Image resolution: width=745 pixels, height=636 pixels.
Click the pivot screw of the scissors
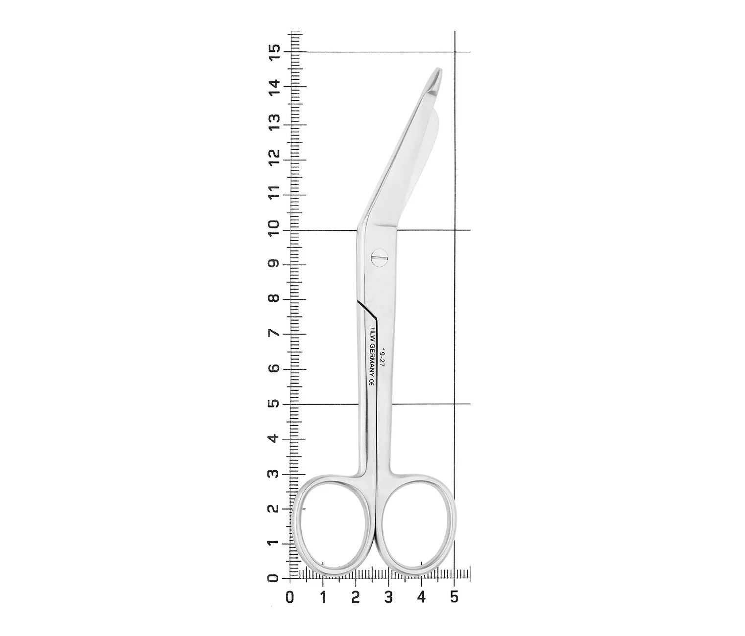379,258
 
